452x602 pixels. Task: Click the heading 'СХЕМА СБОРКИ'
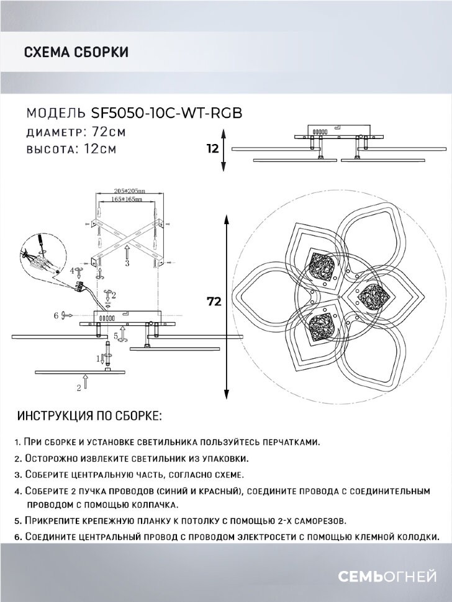76,52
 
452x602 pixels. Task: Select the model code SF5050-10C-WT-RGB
166,113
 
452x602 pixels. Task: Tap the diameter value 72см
108,132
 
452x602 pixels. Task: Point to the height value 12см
99,150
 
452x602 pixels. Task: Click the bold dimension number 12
213,149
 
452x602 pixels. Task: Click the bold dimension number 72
214,302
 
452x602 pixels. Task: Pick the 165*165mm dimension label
129,200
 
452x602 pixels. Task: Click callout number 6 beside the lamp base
56,315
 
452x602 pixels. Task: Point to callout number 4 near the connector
72,271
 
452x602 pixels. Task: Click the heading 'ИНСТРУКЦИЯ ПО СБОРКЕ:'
89,416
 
